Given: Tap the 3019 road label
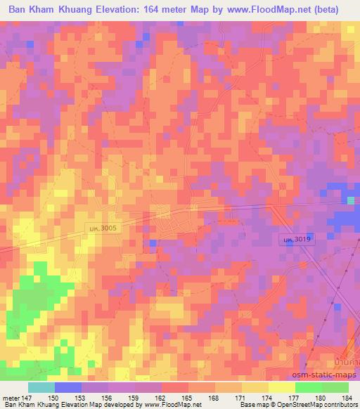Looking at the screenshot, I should click(x=296, y=240).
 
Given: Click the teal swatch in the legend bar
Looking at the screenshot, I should click(x=41, y=387).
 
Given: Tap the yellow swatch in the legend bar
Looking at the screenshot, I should click(x=281, y=387).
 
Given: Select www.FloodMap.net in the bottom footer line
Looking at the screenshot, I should click(x=170, y=405).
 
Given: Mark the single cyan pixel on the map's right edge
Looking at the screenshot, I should click(x=351, y=201).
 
